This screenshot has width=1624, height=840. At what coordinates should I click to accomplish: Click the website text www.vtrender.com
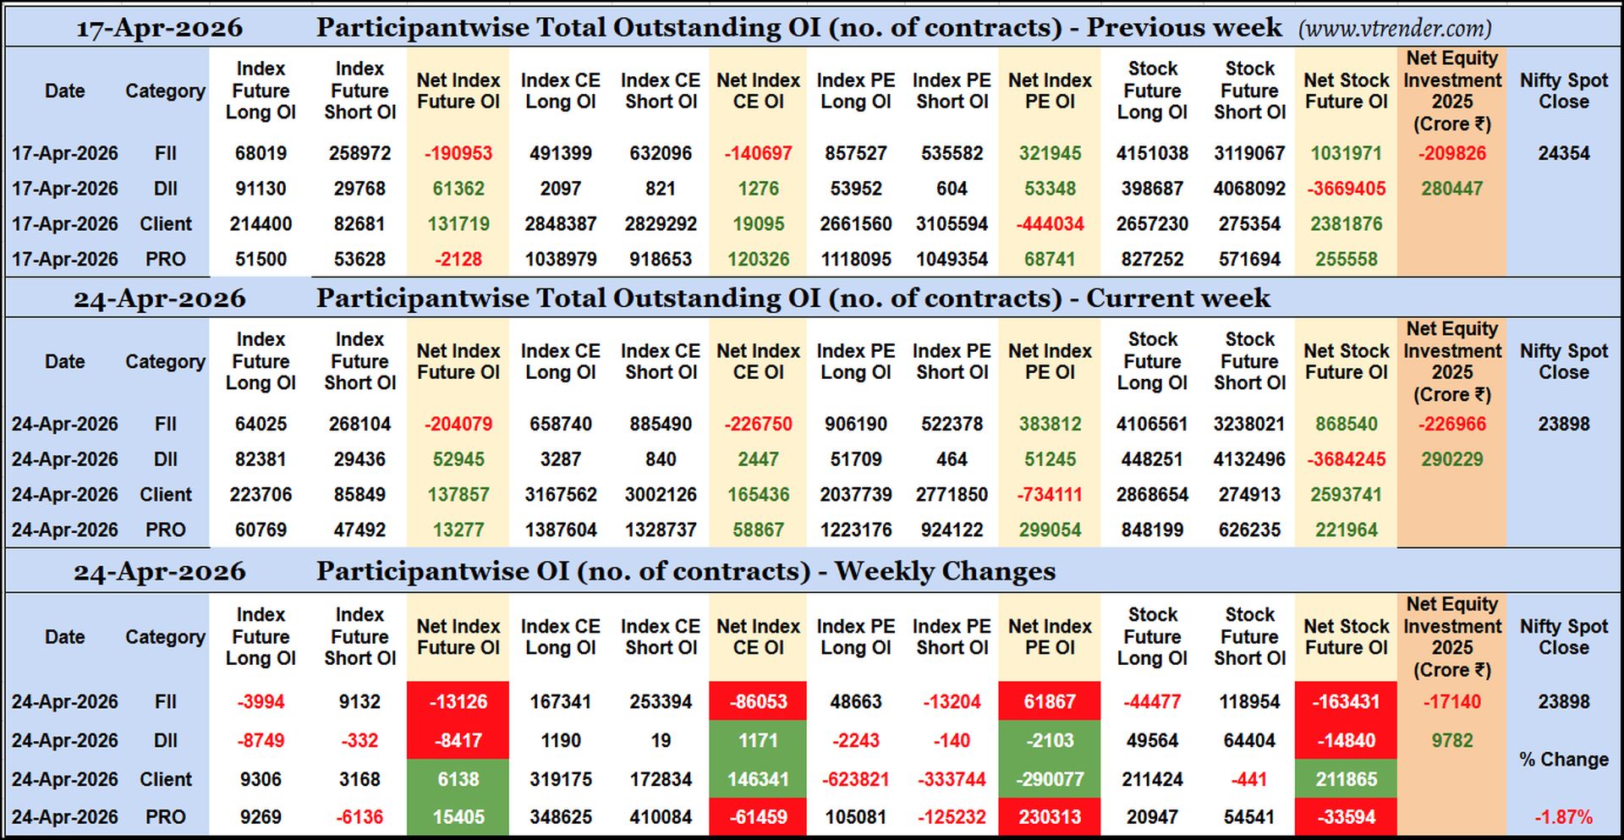[x=1396, y=29]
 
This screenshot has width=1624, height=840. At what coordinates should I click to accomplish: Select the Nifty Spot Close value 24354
[x=1563, y=153]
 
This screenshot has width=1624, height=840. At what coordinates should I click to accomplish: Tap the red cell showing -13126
[x=458, y=701]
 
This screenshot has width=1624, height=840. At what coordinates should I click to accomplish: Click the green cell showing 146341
[x=758, y=779]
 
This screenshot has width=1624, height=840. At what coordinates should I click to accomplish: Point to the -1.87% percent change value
[x=1563, y=817]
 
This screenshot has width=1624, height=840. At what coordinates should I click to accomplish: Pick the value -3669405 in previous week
[x=1346, y=189]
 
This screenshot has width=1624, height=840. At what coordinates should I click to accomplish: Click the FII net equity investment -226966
[x=1451, y=424]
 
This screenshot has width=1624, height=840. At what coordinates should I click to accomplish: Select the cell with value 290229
[x=1451, y=459]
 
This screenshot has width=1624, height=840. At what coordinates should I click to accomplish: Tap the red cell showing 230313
[x=1050, y=817]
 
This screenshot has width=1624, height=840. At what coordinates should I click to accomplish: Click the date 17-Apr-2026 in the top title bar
[x=159, y=29]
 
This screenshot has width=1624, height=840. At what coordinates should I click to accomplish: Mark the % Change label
[x=1563, y=760]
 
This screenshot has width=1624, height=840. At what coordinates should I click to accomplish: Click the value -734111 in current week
[x=1050, y=495]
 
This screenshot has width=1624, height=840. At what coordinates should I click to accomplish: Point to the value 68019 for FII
[x=261, y=153]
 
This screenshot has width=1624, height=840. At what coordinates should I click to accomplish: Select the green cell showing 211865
[x=1346, y=779]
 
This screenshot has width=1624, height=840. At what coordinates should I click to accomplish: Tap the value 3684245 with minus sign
[x=1346, y=459]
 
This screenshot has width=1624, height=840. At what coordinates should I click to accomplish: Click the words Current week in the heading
[x=1177, y=299]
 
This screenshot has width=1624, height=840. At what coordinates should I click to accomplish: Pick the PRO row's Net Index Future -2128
[x=458, y=260]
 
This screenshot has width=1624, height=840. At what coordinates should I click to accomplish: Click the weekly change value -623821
[x=855, y=779]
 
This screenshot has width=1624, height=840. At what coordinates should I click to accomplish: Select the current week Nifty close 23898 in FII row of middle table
[x=1563, y=424]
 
